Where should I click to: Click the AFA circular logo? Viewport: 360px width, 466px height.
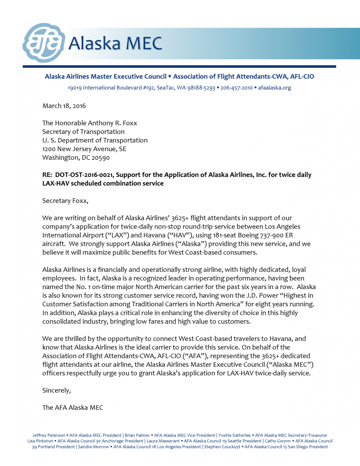tap(44, 42)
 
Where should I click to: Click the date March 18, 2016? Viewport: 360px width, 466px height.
tap(64, 106)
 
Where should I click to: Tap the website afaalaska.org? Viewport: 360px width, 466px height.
tap(274, 87)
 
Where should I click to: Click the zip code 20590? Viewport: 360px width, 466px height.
tap(100, 157)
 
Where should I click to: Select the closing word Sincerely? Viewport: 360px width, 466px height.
tap(56, 390)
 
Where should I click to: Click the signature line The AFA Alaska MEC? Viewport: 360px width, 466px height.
tap(72, 407)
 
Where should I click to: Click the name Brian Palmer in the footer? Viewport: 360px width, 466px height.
tap(137, 436)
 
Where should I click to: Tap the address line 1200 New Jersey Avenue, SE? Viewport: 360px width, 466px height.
tap(84, 149)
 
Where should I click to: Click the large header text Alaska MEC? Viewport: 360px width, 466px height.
tap(115, 43)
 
